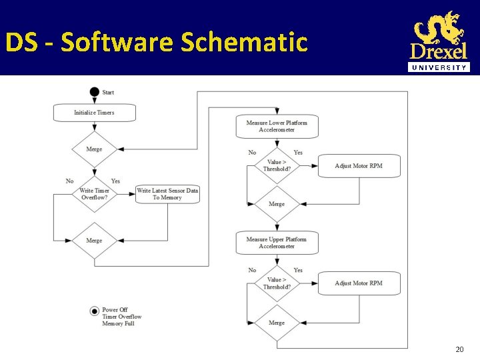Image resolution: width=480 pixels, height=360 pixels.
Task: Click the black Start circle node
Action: [x=94, y=92]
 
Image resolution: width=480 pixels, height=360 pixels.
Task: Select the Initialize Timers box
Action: [x=94, y=113]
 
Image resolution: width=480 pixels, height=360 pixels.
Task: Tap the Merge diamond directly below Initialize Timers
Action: [x=94, y=149]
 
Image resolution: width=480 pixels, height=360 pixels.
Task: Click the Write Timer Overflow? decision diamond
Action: [x=94, y=194]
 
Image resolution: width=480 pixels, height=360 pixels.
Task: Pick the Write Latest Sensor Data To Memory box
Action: [x=167, y=194]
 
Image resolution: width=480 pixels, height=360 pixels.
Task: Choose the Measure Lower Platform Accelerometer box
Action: [x=277, y=126]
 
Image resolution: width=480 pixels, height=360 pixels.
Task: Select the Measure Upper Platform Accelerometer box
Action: [x=277, y=243]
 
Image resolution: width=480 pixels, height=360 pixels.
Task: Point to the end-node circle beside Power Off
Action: [x=94, y=311]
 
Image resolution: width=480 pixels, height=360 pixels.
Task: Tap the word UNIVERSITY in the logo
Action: [x=439, y=67]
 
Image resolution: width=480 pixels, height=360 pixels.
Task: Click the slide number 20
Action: [x=459, y=349]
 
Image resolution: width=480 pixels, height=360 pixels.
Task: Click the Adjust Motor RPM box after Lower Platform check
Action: [x=359, y=166]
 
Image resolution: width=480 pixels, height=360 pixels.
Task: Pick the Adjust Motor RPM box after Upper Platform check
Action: [x=359, y=283]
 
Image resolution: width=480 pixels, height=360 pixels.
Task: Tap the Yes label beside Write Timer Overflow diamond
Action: [x=115, y=181]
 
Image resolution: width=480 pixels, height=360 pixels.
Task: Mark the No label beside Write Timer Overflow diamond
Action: [x=70, y=181]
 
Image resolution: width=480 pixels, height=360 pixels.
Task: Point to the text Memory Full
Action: [x=118, y=324]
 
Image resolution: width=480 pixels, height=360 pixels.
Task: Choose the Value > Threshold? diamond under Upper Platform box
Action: [x=277, y=283]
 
